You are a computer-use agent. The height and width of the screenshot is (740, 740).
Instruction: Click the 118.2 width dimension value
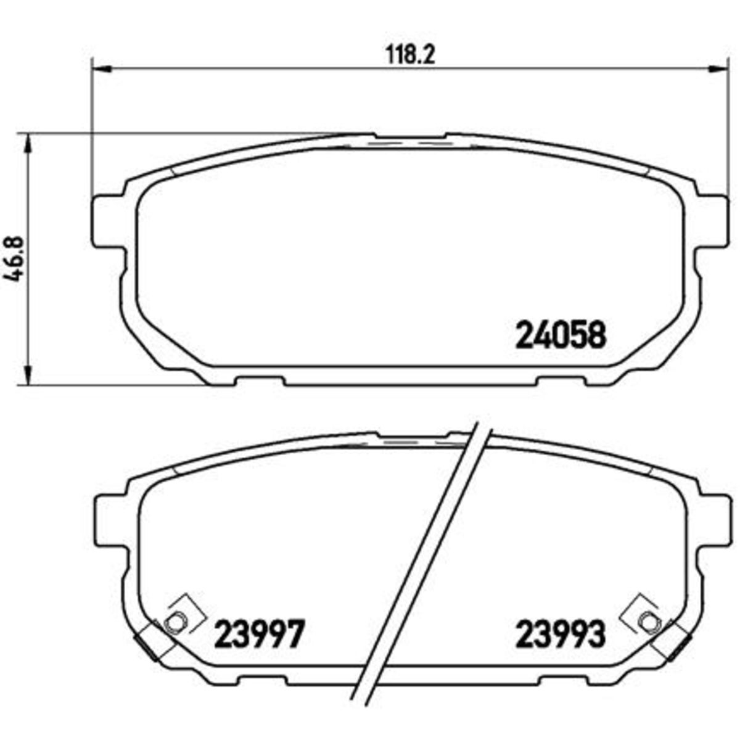coord(411,55)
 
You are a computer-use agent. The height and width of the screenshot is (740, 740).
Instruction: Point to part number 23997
coord(259,635)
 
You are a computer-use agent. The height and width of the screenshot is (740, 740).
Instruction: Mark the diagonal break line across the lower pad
coord(425,555)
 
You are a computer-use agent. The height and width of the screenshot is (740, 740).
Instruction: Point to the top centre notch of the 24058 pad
coord(410,138)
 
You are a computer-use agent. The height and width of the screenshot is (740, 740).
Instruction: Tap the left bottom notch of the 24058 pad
coord(259,381)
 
